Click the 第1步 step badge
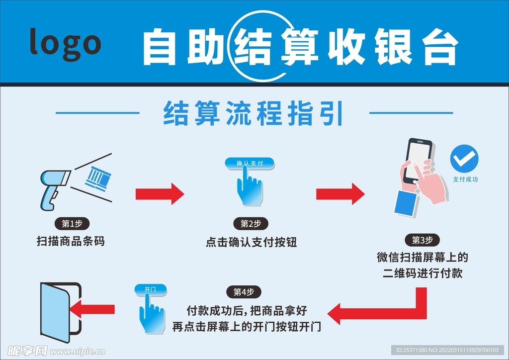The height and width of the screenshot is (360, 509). click(72, 223)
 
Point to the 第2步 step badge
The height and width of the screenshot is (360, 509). click(251, 224)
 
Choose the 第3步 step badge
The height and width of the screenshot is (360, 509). click(423, 240)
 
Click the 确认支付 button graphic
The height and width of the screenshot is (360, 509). click(250, 163)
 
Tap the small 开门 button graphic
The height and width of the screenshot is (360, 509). click(150, 289)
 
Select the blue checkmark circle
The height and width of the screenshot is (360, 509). click(464, 159)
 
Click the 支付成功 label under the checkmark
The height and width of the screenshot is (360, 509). click(465, 180)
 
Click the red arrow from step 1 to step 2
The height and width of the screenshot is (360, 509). click(160, 193)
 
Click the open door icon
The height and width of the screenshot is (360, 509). click(58, 311)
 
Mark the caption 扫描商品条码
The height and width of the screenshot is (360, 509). click(71, 242)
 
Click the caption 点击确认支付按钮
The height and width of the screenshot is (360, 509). click(251, 242)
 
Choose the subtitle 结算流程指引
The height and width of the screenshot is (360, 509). click(254, 113)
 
